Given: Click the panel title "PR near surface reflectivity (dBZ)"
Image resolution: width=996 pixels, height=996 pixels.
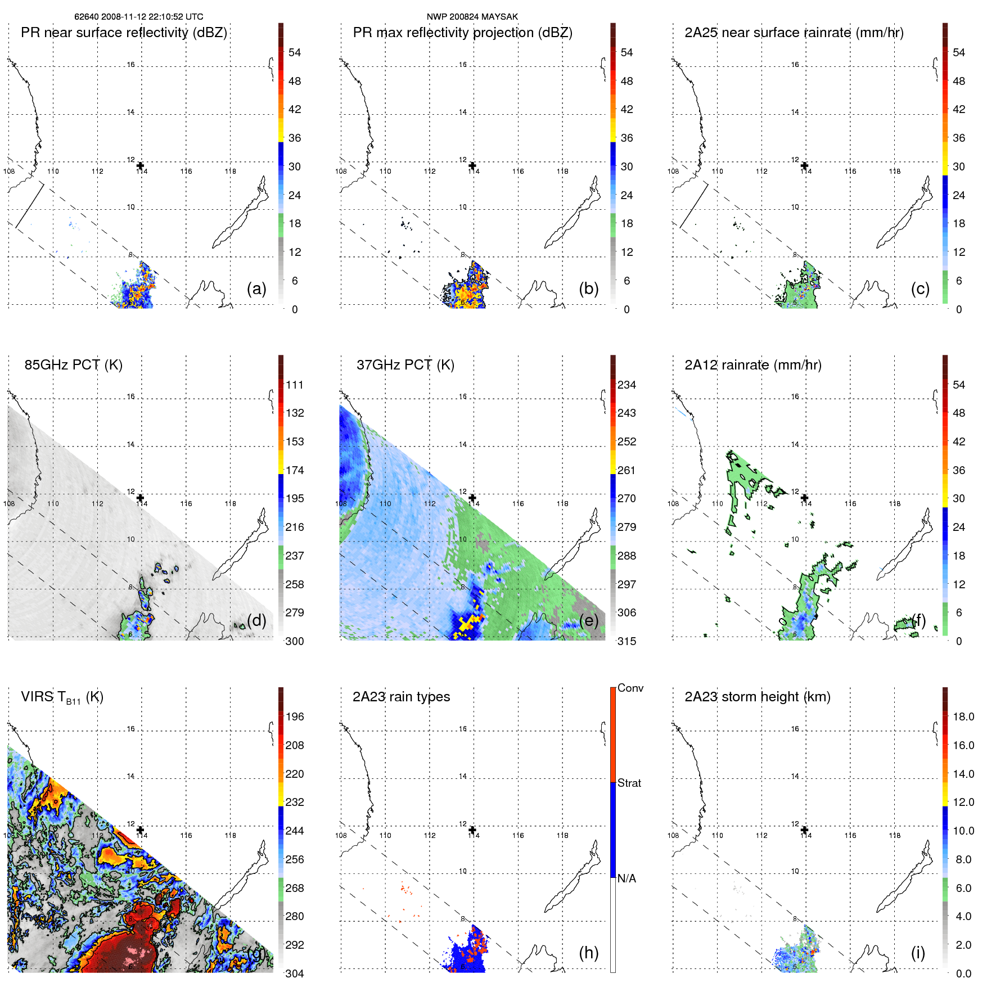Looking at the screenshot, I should coord(124,33).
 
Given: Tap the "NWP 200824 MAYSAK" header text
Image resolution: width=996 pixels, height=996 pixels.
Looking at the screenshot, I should coord(472,17).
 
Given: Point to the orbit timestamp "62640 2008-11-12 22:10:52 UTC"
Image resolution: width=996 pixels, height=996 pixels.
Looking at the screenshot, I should coord(139,17).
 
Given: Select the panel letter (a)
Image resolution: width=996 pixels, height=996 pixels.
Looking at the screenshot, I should coord(256,289).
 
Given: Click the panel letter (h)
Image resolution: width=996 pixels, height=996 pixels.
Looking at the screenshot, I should coord(589,952).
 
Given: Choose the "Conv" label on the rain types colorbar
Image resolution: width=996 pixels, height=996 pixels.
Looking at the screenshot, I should coord(630,688).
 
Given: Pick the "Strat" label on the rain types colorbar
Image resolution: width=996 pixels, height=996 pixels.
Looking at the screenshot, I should coord(629,783).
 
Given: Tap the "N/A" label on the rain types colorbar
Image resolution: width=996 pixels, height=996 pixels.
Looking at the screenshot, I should coord(627,878).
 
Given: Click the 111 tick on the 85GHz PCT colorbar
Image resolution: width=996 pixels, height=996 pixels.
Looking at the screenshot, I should coord(295,385).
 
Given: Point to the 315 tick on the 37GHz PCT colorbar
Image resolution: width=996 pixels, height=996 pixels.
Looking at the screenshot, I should coord(627,641).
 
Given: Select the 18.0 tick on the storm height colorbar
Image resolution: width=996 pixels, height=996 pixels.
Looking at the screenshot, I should coord(963,716).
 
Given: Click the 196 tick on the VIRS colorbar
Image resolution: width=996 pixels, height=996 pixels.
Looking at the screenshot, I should coord(295,716).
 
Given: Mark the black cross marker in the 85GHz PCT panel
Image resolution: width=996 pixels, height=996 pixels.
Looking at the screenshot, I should coord(141,498).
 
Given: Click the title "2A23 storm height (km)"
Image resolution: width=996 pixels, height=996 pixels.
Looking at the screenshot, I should coord(758,697).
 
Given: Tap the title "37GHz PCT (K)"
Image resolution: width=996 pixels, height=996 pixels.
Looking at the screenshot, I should coord(405,365).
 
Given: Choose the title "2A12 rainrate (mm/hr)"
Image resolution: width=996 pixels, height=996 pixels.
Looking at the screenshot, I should coord(753,365).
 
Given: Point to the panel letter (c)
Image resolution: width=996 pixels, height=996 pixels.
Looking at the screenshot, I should coord(920,289).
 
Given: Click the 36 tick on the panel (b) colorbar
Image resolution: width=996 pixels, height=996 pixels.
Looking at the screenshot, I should coord(627,138).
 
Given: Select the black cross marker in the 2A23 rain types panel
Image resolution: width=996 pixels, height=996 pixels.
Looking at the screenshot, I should coord(472,830).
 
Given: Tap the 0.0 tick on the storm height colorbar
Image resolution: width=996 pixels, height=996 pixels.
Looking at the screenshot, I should coord(963,974).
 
